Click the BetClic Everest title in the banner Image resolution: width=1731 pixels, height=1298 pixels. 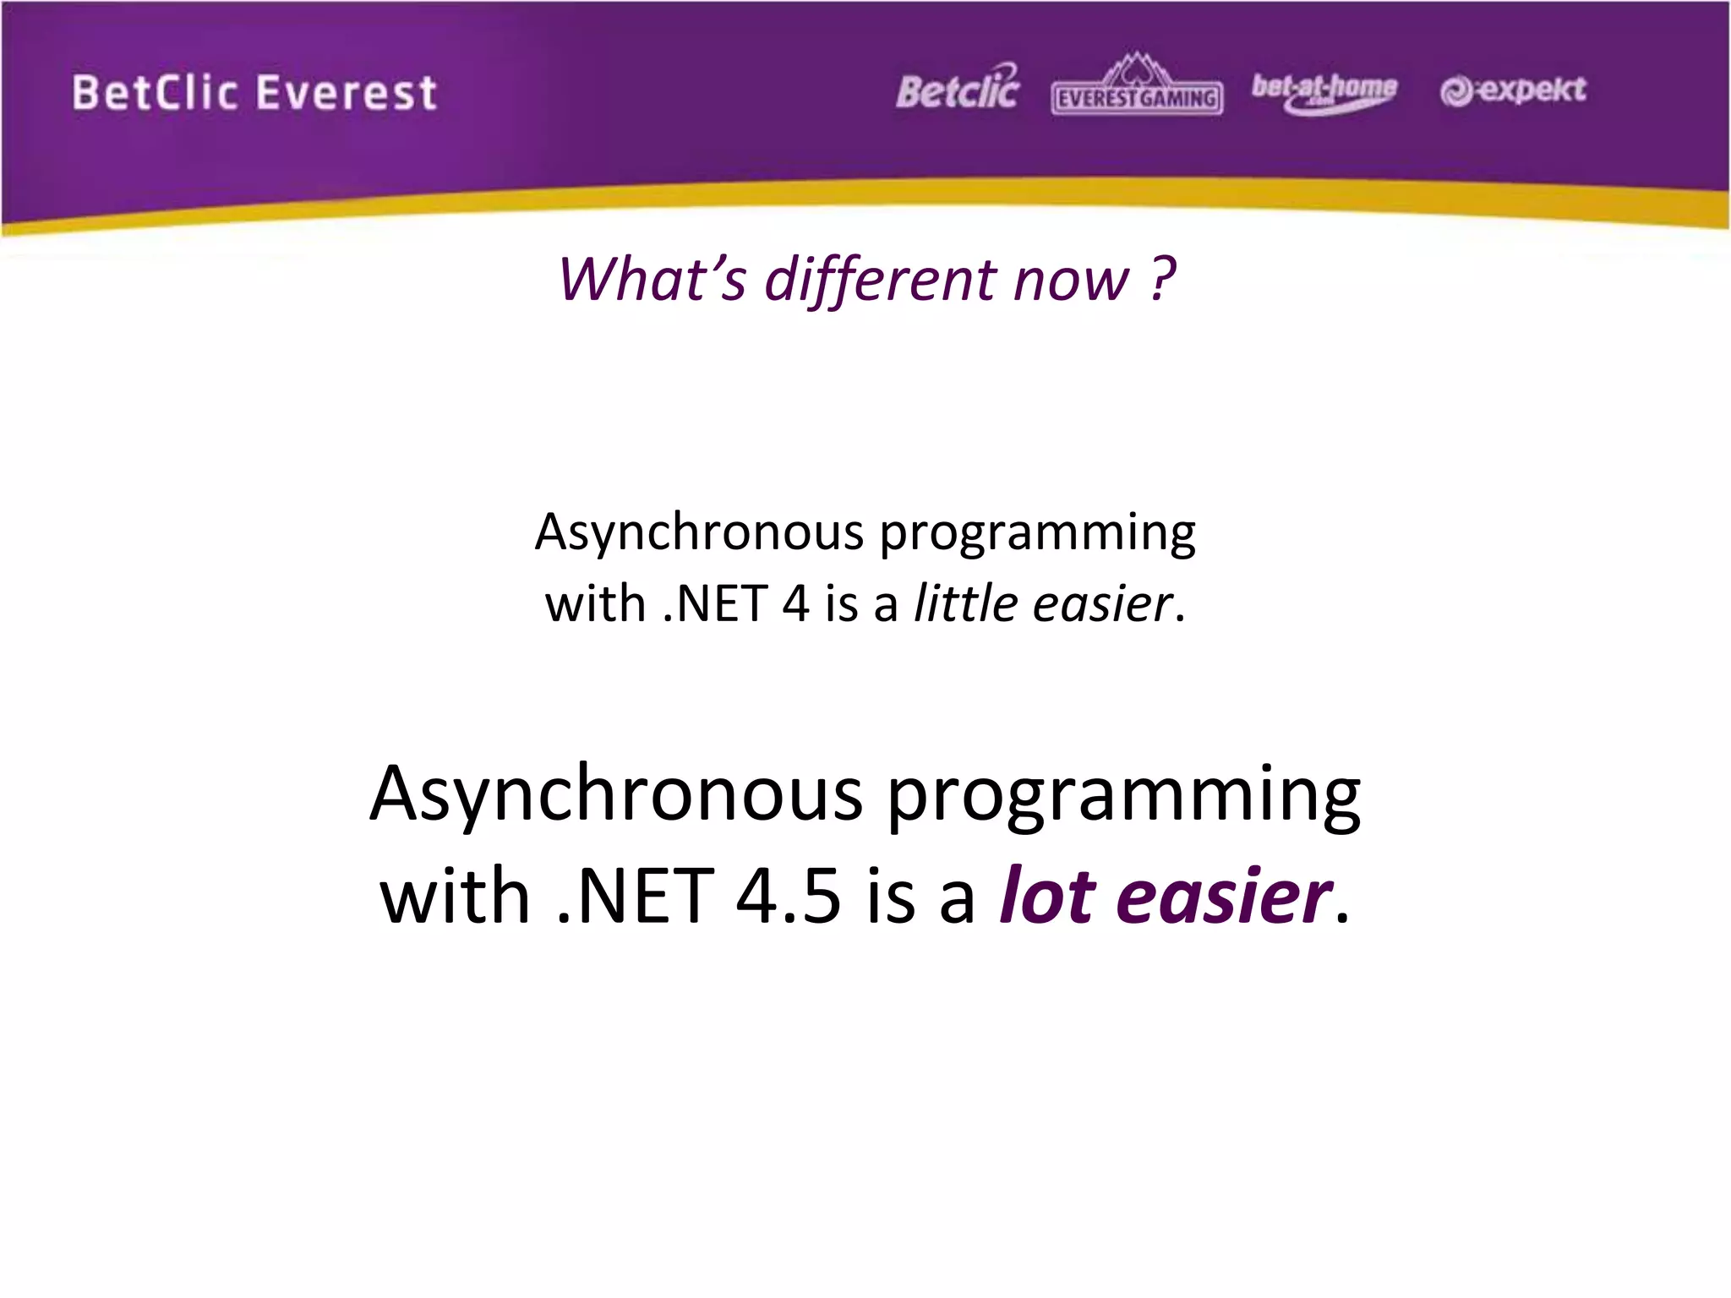[254, 93]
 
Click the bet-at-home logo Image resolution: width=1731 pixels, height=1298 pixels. [1324, 91]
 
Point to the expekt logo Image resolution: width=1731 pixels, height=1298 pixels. [1513, 90]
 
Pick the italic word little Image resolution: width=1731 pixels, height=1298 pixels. [964, 603]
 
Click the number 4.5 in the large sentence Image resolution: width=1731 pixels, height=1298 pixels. [788, 896]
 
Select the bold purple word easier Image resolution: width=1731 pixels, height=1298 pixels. [1223, 896]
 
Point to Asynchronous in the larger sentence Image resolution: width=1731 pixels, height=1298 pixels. [616, 796]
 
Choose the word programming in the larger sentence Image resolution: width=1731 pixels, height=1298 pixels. [1123, 799]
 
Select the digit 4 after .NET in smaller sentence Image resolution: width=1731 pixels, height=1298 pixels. [795, 603]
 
